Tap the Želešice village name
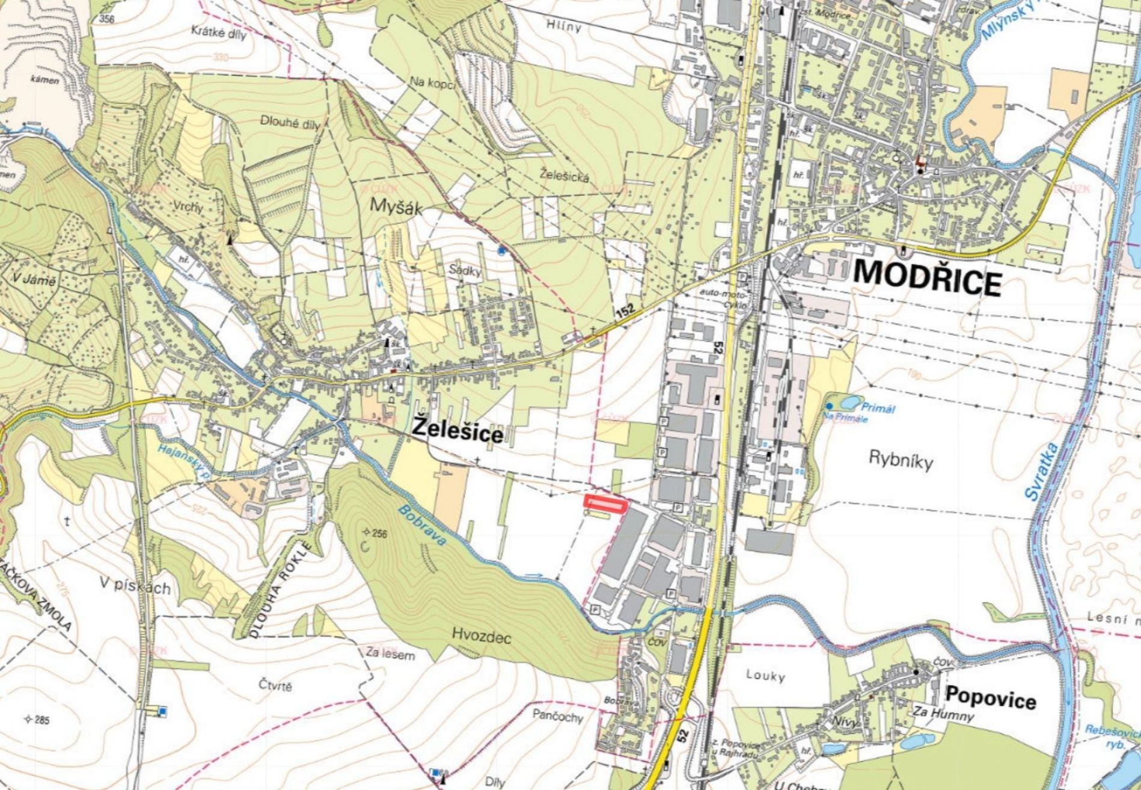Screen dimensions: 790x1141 click(457, 431)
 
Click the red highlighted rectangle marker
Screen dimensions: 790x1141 click(605, 503)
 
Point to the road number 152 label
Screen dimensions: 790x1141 click(625, 311)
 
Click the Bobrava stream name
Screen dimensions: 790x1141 click(423, 525)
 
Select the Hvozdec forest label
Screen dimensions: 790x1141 click(481, 637)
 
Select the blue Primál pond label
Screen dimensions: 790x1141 click(879, 408)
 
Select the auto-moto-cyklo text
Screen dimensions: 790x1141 click(724, 297)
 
